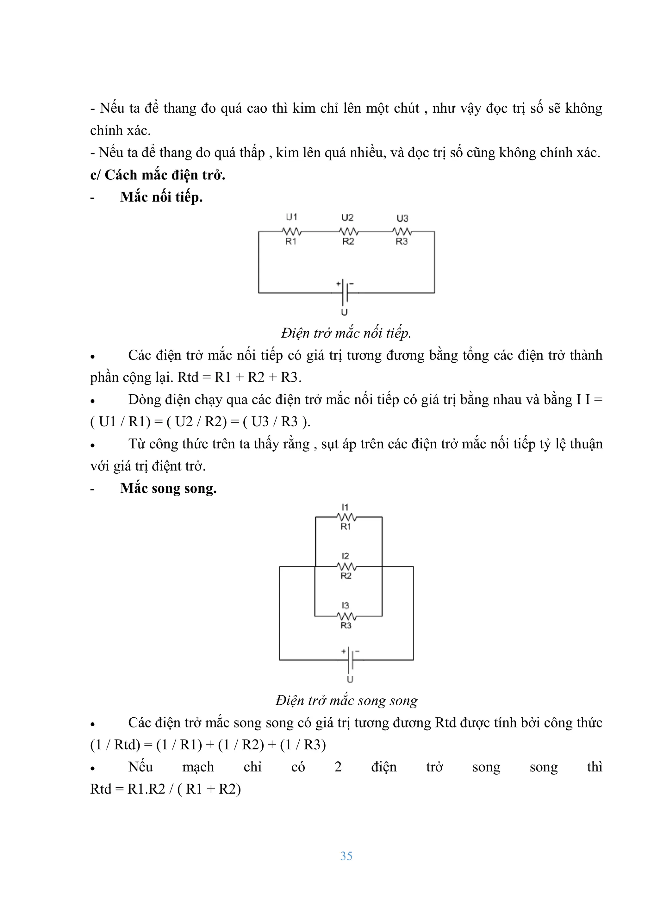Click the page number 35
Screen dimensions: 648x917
pyautogui.click(x=346, y=856)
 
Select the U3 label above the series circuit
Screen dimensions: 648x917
pyautogui.click(x=402, y=218)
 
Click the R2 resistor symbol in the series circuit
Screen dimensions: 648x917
pyautogui.click(x=349, y=231)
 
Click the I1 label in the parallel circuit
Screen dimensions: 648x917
pyautogui.click(x=345, y=507)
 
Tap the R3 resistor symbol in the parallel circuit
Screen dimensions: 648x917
pyautogui.click(x=346, y=616)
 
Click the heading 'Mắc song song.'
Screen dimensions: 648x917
pyautogui.click(x=168, y=488)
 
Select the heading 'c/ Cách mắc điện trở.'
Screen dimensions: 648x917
pyautogui.click(x=158, y=175)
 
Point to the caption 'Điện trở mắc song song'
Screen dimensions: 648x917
pyautogui.click(x=346, y=700)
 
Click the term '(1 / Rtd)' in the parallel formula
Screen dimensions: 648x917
pyautogui.click(x=115, y=745)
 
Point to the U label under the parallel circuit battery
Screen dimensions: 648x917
pyautogui.click(x=350, y=679)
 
